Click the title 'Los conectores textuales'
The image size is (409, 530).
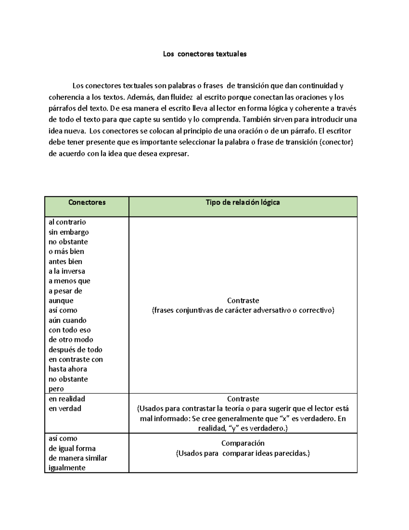204,54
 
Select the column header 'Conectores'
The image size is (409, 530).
87,202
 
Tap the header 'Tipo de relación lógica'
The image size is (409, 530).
243,202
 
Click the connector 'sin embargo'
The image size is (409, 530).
69,232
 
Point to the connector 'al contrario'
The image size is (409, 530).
67,222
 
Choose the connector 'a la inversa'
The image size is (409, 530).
67,271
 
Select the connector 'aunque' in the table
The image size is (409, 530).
61,301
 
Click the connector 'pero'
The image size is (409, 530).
56,389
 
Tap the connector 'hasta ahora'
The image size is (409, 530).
68,369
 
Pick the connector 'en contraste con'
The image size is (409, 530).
76,359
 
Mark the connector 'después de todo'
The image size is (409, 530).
75,349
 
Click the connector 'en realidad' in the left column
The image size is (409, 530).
67,399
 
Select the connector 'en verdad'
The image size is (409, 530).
65,409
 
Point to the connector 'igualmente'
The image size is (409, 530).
67,468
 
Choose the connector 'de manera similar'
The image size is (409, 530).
78,458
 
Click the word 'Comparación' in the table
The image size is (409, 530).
243,443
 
